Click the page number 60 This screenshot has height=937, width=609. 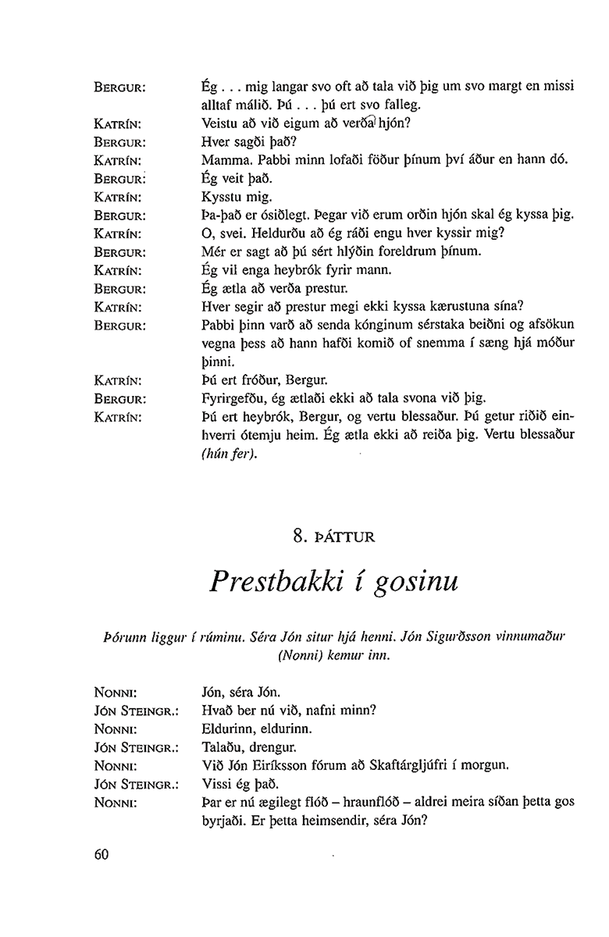pos(100,854)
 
